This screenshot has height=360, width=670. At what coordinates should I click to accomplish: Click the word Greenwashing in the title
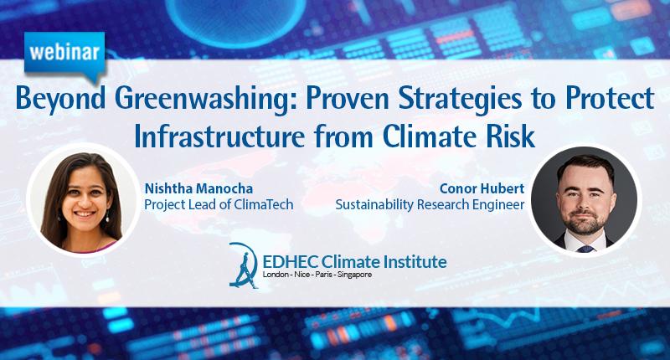(x=188, y=101)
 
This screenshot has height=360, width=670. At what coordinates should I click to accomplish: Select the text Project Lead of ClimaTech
(x=219, y=204)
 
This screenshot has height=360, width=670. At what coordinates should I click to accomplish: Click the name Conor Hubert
(x=480, y=188)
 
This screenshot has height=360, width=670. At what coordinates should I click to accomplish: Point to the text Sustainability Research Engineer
(x=430, y=204)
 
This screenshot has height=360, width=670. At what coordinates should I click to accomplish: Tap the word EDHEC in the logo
(x=286, y=261)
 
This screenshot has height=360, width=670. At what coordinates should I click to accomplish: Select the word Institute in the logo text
(x=414, y=261)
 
